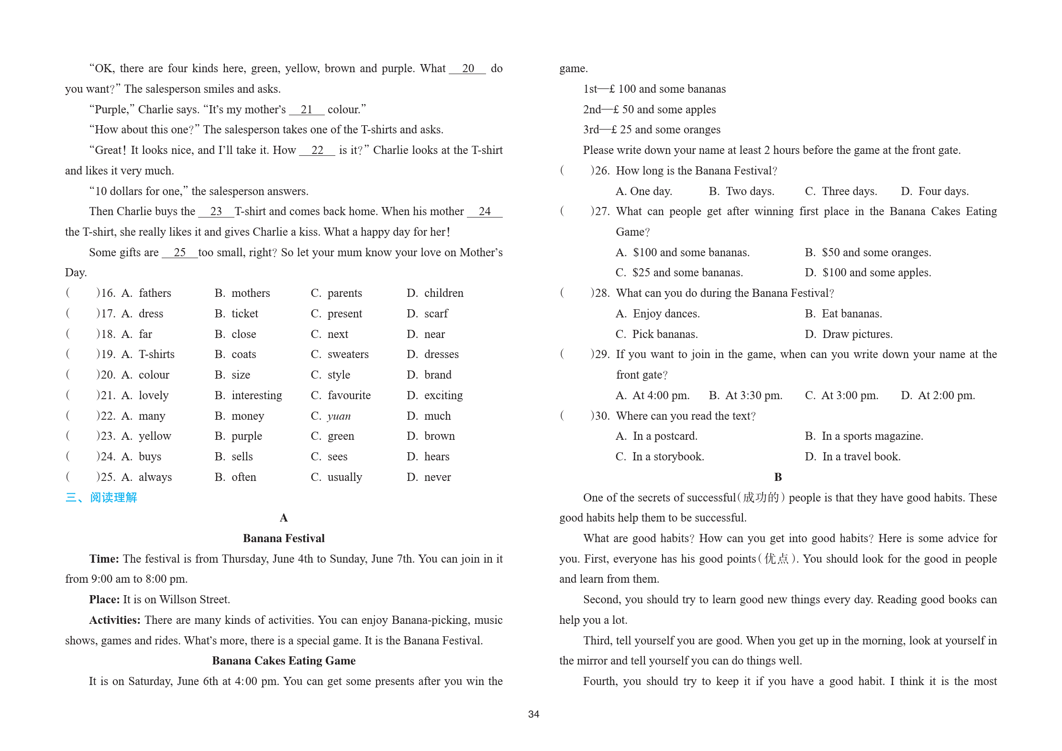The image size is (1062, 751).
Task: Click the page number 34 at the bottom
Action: (x=533, y=714)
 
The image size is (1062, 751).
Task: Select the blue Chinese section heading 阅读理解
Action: (x=113, y=498)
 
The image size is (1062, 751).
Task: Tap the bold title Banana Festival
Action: (x=284, y=538)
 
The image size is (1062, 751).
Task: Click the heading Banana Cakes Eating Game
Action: (x=284, y=661)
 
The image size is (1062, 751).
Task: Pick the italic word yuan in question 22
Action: (x=339, y=416)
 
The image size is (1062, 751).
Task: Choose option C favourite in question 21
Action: (x=349, y=395)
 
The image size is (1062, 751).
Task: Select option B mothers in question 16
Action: (x=250, y=293)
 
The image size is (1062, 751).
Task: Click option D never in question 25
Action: (x=437, y=477)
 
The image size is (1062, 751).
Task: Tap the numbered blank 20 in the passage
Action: (x=468, y=69)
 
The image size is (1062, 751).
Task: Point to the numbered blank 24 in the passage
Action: (x=485, y=212)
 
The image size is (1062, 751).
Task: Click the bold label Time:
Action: (x=104, y=559)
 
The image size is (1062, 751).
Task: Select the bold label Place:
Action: (x=104, y=599)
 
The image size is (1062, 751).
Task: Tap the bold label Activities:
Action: (x=115, y=620)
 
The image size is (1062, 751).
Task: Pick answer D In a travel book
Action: (x=861, y=457)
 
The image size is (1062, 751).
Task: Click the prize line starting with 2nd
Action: (x=649, y=109)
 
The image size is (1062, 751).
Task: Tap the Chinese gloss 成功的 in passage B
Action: (x=761, y=498)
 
